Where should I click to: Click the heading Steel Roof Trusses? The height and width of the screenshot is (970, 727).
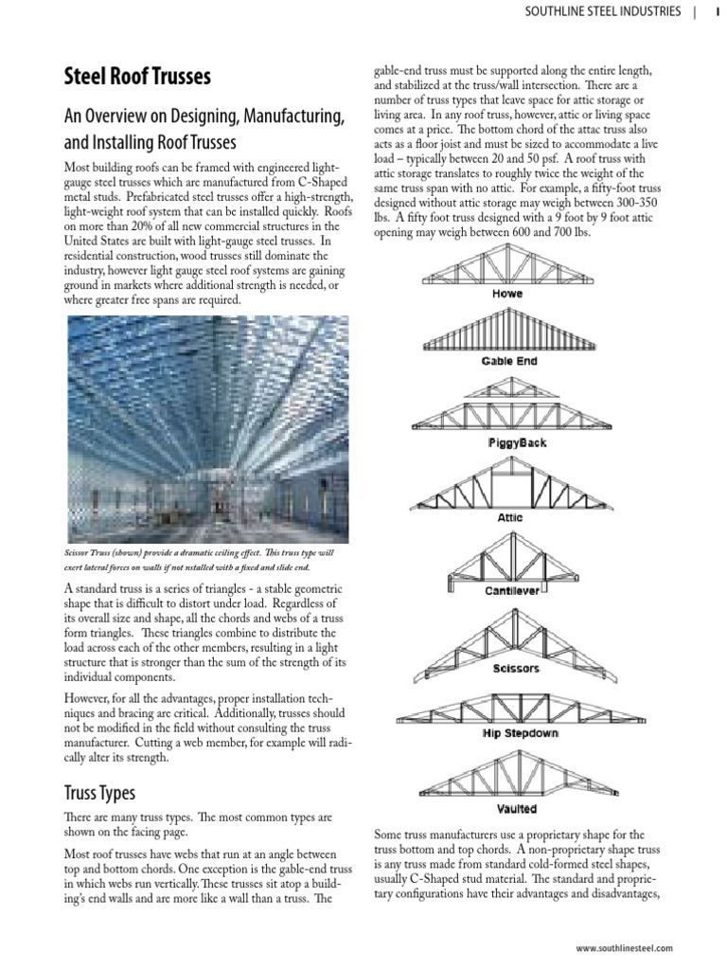click(x=137, y=77)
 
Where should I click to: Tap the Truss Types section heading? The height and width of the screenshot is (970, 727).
click(x=99, y=792)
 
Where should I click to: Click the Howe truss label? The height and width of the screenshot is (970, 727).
click(x=507, y=295)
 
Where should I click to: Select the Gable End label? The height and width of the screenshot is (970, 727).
click(x=508, y=362)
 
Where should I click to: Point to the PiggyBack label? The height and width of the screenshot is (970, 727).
click(x=517, y=443)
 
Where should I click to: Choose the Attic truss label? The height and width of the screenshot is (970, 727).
click(x=509, y=518)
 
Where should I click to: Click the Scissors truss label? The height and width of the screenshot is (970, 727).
click(x=516, y=669)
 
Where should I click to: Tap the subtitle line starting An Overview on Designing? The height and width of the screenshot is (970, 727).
click(x=204, y=117)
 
